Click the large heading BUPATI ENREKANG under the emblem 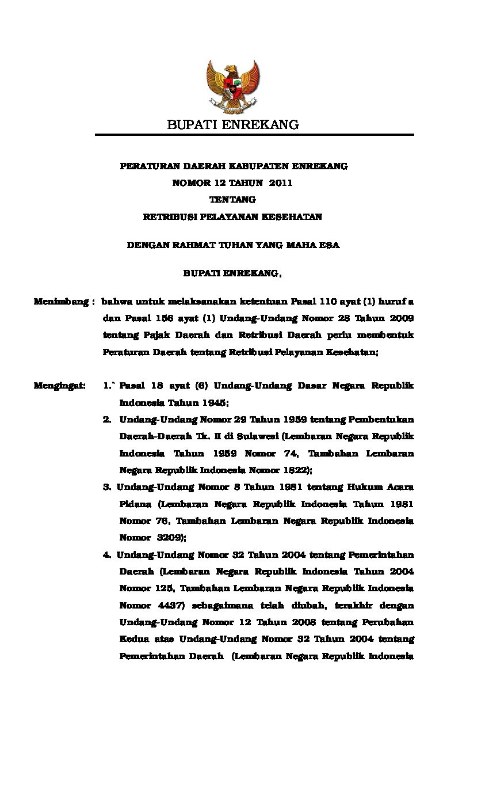point(233,124)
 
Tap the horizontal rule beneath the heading point(254,135)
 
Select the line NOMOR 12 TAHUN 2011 point(233,183)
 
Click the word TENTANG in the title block point(232,200)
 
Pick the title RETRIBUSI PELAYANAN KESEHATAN point(232,217)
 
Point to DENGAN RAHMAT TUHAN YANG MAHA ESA point(233,245)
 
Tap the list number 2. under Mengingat point(107,419)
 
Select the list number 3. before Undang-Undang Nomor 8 point(107,487)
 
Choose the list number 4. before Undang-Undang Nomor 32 point(107,555)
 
